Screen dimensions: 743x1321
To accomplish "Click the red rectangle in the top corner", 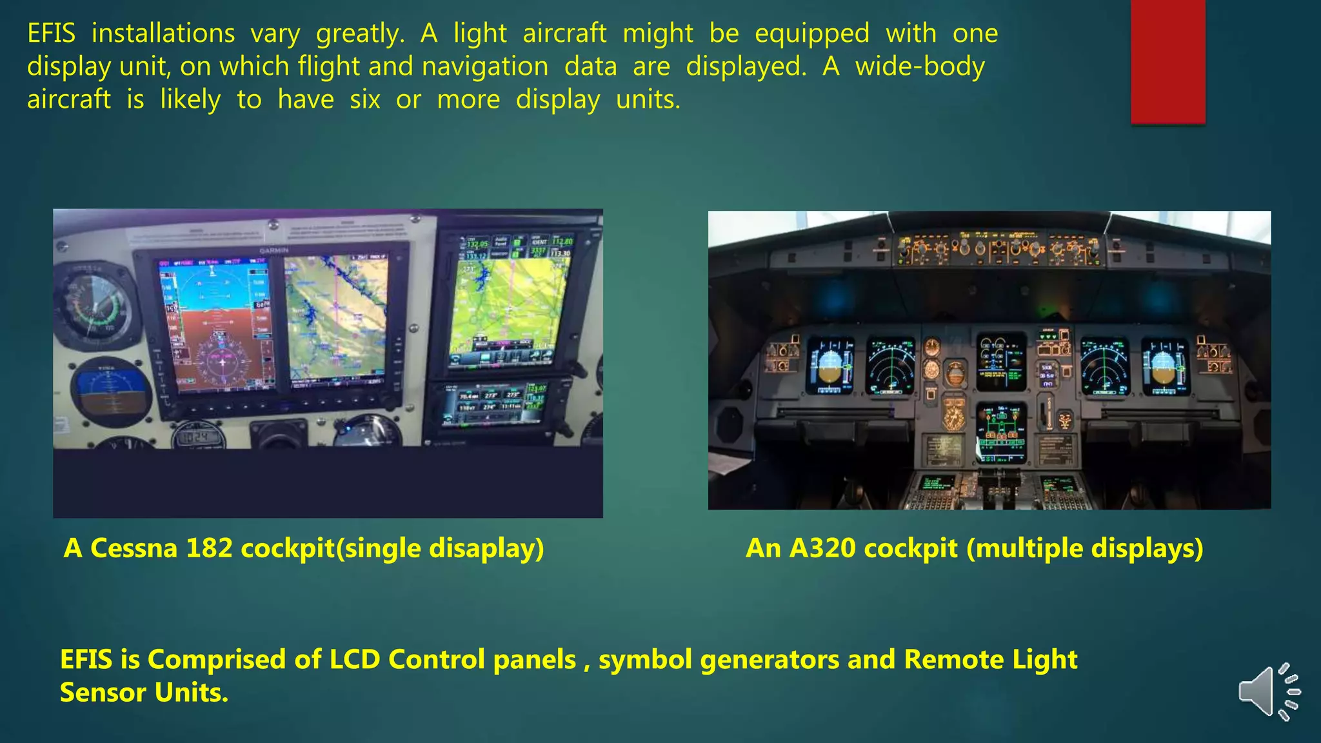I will point(1167,61).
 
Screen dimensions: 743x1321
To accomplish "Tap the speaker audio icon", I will point(1268,691).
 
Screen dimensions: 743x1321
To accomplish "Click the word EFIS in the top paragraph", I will point(52,34).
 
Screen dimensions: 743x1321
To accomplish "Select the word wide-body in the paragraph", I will point(920,67).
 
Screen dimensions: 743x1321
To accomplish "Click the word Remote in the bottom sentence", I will point(953,659).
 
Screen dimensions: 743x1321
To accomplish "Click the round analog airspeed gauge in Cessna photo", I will point(95,307).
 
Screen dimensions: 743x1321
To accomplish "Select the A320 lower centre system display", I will point(1001,433).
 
